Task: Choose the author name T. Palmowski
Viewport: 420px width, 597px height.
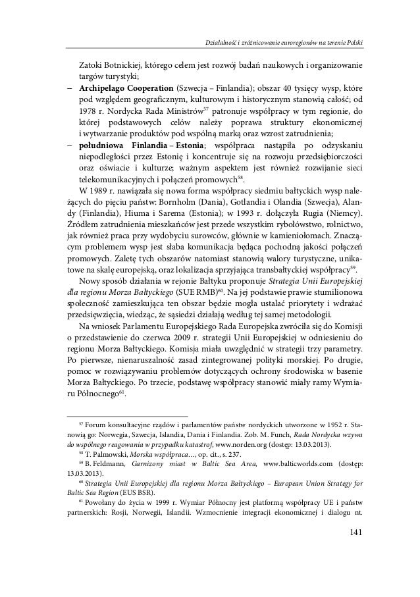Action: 107,475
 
